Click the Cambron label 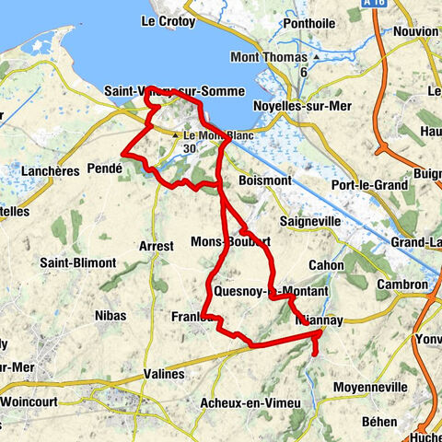pos(401,285)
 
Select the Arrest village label pos(155,246)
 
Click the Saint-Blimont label pos(77,263)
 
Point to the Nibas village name pos(110,316)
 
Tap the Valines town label pos(165,374)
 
